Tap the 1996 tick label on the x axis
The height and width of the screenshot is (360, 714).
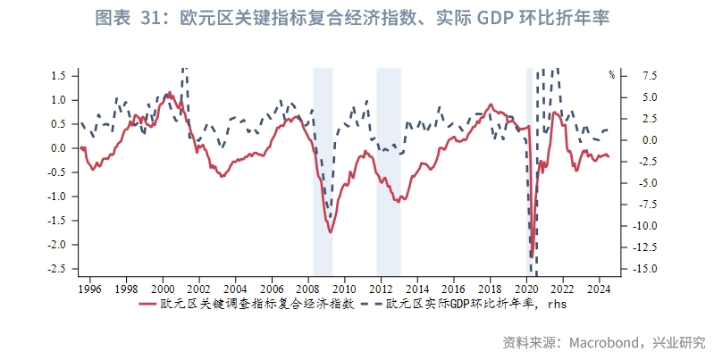tap(89, 289)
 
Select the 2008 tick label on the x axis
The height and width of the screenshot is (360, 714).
tap(308, 289)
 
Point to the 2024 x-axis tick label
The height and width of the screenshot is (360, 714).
tap(599, 289)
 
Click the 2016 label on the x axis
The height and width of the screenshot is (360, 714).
tap(453, 289)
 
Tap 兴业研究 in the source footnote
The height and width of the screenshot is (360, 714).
tap(678, 342)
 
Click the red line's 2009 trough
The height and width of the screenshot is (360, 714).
tap(330, 231)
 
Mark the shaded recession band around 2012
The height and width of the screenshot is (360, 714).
tap(388, 170)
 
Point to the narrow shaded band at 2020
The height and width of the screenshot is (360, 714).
tap(529, 170)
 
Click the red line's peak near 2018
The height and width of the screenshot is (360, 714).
tap(491, 105)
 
